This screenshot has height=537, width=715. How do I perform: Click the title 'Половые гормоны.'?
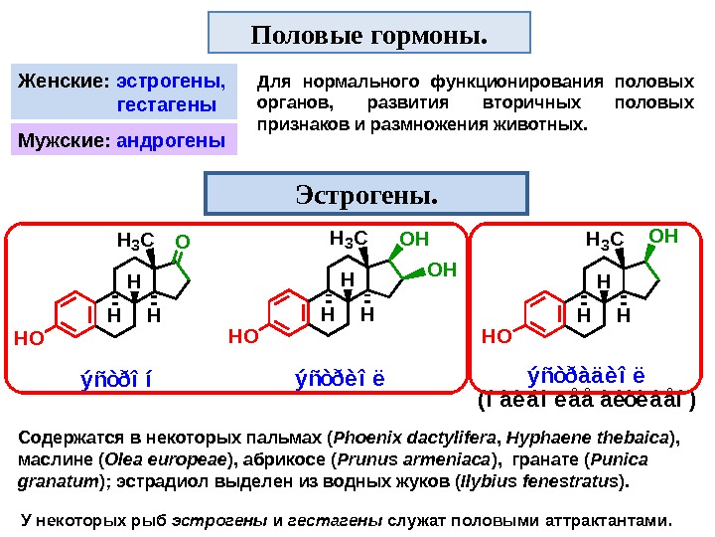(x=369, y=36)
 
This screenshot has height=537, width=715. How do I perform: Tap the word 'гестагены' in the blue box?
(x=167, y=102)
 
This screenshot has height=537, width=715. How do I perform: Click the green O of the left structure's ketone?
(x=181, y=242)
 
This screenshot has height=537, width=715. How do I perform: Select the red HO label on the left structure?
(x=31, y=338)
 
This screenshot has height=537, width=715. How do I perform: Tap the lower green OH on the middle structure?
(x=442, y=269)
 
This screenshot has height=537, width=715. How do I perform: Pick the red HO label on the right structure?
(x=496, y=336)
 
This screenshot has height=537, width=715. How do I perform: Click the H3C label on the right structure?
(x=604, y=240)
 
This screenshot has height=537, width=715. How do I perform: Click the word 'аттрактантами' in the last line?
(x=616, y=519)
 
